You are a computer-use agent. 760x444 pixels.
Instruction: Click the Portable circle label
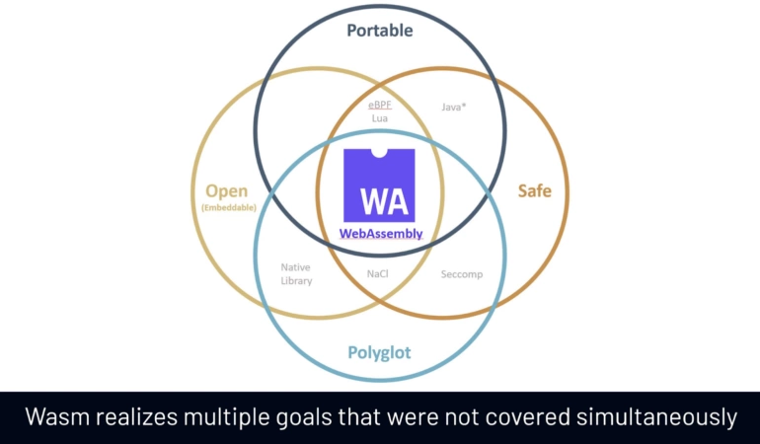coord(380,31)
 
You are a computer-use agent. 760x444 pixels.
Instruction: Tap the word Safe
coord(535,190)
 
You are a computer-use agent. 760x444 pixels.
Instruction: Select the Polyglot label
coord(379,352)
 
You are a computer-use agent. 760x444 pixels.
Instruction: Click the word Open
coord(226,191)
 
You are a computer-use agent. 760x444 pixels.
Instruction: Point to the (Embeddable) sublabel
coord(229,207)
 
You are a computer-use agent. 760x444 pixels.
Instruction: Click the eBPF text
coord(380,105)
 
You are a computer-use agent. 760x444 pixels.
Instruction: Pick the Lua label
coord(380,118)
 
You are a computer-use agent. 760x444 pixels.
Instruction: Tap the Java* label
coord(454,108)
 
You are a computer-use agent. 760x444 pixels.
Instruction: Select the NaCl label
coord(378,274)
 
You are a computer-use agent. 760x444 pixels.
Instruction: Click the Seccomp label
coord(462,274)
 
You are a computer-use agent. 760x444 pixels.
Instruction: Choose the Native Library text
coord(297,274)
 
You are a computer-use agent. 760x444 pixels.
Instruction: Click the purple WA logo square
coord(379,185)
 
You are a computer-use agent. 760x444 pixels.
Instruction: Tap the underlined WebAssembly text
coord(381,234)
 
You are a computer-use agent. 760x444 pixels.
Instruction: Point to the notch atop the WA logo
coord(379,153)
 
